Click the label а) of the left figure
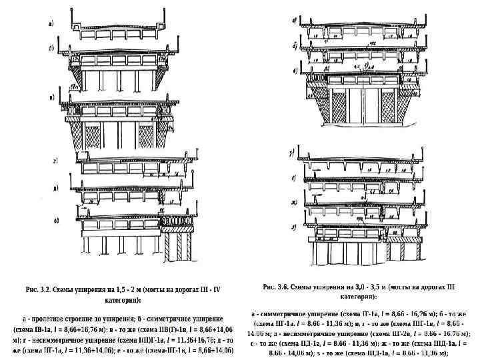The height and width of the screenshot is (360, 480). [x=51, y=23]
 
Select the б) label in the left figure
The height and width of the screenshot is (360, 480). [x=51, y=49]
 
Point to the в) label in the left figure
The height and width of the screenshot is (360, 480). [x=51, y=97]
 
